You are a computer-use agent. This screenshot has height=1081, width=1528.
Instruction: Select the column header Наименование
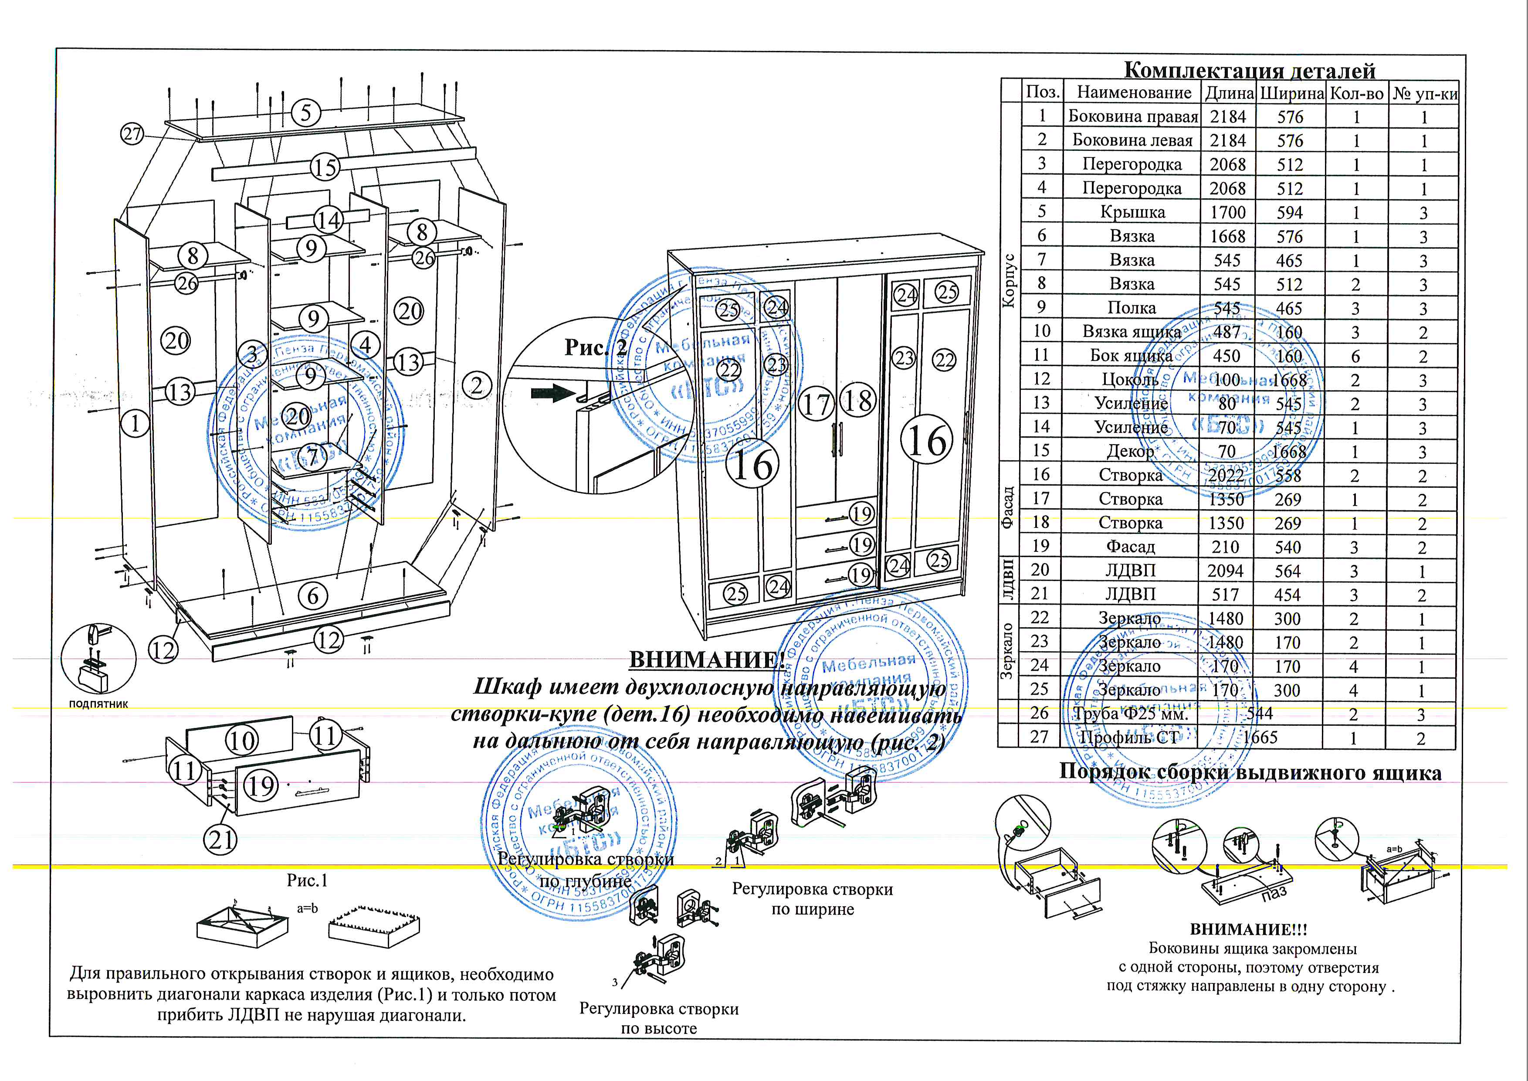click(1133, 92)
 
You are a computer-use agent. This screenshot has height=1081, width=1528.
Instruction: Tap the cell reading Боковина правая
click(1133, 116)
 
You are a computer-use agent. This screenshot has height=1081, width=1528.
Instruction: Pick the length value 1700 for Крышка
click(1227, 212)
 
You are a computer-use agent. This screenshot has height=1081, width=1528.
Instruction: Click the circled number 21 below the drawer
click(220, 840)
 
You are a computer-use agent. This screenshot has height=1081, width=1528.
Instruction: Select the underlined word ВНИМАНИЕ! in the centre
click(706, 659)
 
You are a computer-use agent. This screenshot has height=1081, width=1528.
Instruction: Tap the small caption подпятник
click(98, 704)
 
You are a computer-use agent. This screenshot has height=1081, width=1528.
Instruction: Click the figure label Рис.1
click(307, 880)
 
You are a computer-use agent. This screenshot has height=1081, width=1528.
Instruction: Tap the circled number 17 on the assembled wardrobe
click(816, 404)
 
